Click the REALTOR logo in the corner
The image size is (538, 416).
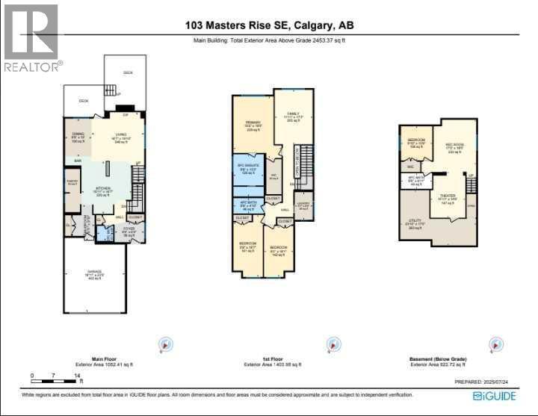(x=31, y=38)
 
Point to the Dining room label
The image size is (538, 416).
(x=77, y=137)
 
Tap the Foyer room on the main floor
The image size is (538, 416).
(x=129, y=232)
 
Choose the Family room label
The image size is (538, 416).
(x=291, y=117)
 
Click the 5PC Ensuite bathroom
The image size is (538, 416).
(x=247, y=169)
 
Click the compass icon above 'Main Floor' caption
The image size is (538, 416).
(x=165, y=345)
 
